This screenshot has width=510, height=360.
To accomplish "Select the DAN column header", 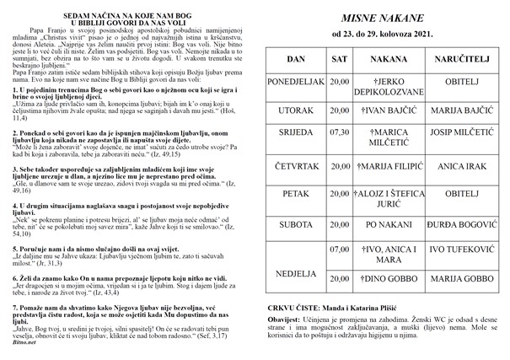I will pyautogui.click(x=296, y=62).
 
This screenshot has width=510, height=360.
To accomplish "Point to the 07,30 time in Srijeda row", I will pyautogui.click(x=340, y=132).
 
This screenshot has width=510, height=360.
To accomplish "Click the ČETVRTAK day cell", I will pyautogui.click(x=296, y=167).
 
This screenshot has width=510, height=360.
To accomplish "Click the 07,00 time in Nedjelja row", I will pyautogui.click(x=340, y=250).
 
